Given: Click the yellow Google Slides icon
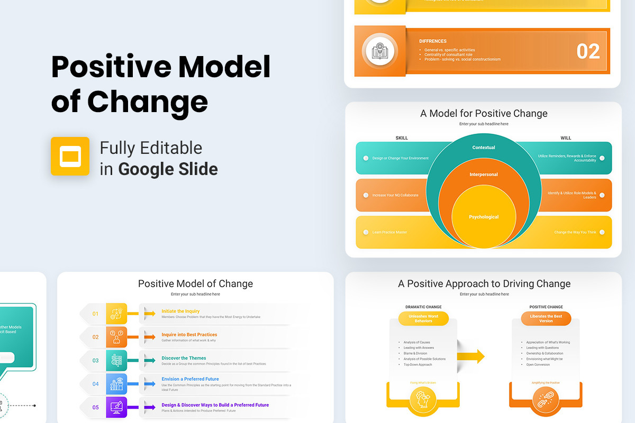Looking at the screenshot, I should (x=70, y=156).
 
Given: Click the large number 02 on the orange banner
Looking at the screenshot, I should (x=588, y=51).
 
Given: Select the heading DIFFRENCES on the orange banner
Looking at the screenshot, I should (x=433, y=41).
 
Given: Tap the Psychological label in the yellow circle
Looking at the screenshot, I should (x=484, y=217).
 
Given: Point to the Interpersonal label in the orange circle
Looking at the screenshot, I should (x=484, y=174).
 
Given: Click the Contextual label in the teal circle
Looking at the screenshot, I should (x=484, y=148).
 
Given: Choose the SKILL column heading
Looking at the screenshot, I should (x=402, y=138).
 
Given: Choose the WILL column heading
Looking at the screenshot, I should (x=566, y=138).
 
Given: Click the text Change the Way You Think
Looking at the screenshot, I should (x=575, y=232).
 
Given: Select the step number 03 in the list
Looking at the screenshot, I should (x=96, y=361).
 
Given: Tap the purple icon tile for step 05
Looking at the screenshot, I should (x=116, y=407).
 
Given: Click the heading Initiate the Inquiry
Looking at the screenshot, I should (x=180, y=311).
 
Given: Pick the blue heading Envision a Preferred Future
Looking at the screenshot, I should (x=190, y=379).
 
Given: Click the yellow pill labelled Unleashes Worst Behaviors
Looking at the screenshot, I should (x=423, y=318).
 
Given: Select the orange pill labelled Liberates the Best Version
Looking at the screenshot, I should (x=546, y=318).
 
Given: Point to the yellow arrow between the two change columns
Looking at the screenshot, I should (x=472, y=356).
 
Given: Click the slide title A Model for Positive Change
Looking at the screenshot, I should (x=484, y=113).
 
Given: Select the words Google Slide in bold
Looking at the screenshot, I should (x=168, y=169).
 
